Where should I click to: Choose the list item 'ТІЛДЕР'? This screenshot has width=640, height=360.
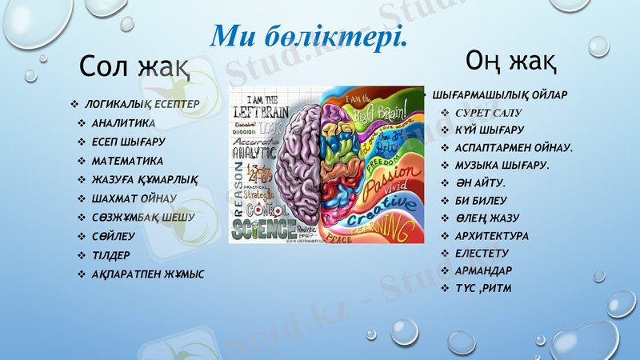(111, 255)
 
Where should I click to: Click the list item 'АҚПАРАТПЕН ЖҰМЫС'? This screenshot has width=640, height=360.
(148, 274)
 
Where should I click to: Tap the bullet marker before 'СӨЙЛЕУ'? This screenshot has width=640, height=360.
(82, 236)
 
